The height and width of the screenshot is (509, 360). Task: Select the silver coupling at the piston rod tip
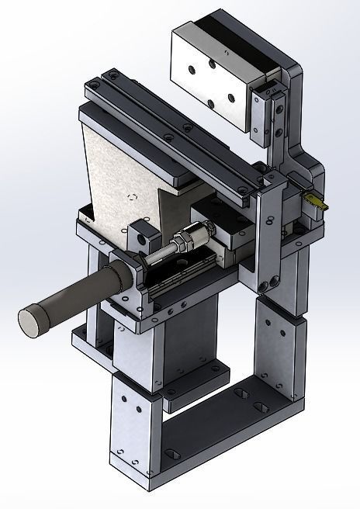[202, 230]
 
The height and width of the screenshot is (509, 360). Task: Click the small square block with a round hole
[140, 234]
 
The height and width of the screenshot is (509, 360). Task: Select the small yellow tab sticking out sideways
[317, 201]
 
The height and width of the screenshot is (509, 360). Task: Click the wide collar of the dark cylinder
[116, 276]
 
